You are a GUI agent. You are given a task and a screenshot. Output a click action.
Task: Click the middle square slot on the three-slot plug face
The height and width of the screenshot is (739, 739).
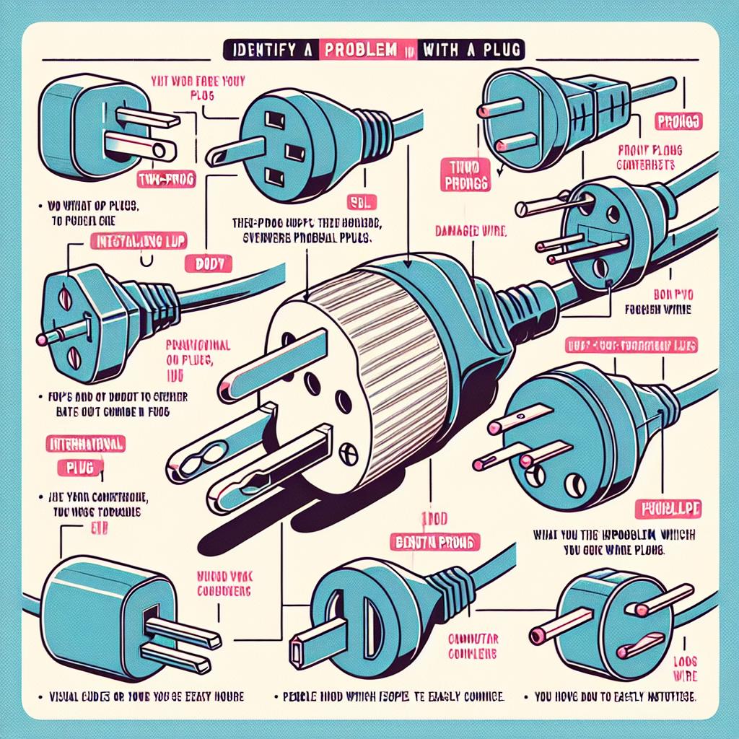click(293, 152)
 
